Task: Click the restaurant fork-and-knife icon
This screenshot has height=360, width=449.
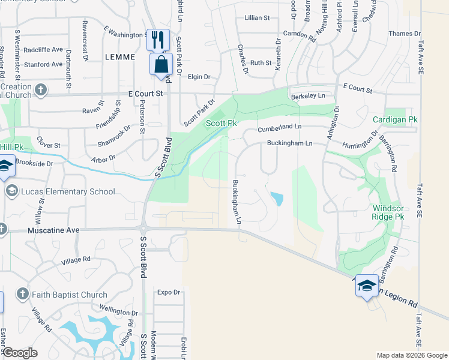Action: [158, 40]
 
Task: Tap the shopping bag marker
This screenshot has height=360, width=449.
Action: [161, 64]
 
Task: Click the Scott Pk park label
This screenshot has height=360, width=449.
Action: [221, 123]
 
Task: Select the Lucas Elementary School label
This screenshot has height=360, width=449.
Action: [67, 191]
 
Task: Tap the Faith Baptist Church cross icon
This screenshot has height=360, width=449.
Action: [22, 294]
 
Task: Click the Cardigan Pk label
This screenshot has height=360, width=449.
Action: [394, 120]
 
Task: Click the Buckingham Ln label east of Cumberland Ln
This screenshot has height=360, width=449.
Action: [290, 143]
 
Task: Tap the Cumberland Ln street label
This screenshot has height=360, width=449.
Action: [279, 128]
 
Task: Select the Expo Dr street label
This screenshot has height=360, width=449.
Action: [168, 292]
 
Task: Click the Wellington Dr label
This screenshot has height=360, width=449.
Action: [118, 312]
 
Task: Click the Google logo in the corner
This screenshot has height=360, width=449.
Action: [20, 353]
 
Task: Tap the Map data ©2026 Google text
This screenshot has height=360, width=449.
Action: [412, 355]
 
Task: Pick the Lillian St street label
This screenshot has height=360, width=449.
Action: [257, 18]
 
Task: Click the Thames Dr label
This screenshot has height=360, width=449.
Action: [401, 34]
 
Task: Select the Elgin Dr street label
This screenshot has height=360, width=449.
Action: [199, 77]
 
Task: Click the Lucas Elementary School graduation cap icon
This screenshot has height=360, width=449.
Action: [11, 191]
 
